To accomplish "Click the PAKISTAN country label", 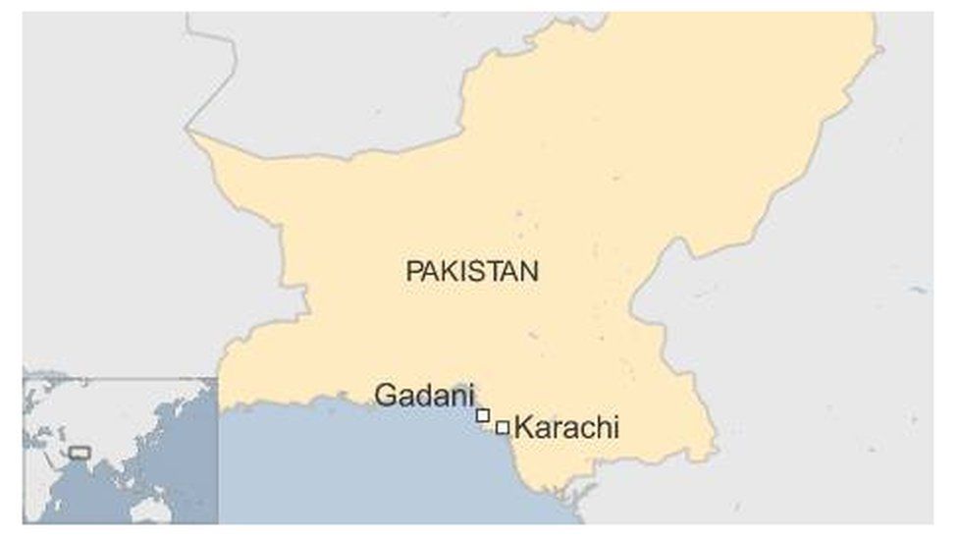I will click(472, 271).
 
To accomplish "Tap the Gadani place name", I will click(424, 396).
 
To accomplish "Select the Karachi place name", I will click(566, 428).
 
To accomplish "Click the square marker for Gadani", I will click(483, 415).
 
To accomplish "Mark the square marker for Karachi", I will click(503, 427).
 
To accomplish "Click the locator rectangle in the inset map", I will click(80, 453).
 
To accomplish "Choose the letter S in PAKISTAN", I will click(481, 271).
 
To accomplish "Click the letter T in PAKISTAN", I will click(496, 271).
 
